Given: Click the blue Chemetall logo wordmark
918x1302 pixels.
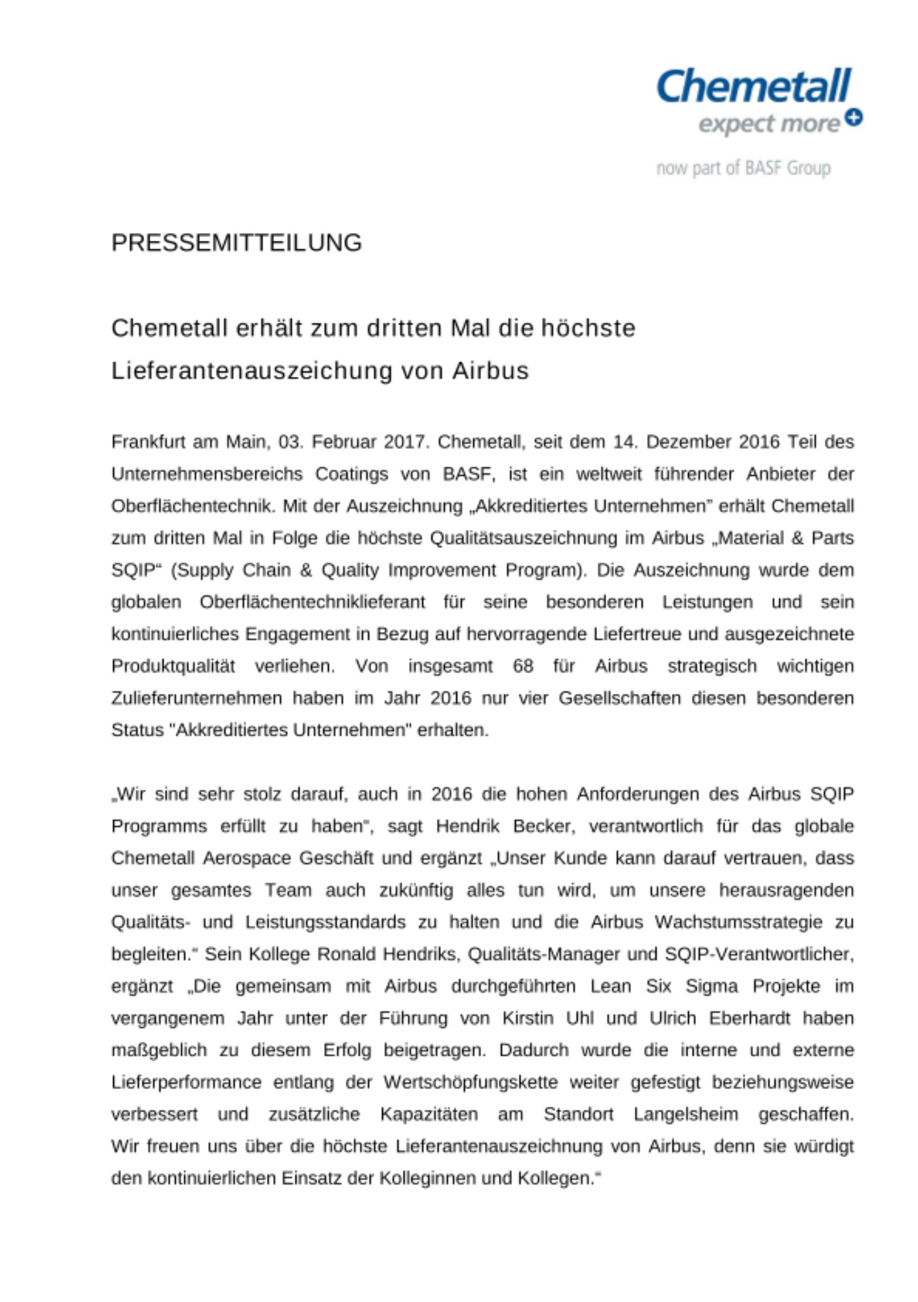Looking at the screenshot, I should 753,87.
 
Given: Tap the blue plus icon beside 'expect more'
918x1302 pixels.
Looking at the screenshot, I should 854,117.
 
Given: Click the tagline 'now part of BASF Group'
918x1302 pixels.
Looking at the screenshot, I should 743,168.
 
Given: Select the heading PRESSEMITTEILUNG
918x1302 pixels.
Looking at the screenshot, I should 236,243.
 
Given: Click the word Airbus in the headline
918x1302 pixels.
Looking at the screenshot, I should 490,370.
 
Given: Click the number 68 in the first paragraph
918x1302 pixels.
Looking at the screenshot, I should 523,666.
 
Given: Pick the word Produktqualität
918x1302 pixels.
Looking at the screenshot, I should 173,666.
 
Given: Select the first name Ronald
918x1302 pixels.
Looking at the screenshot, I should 346,954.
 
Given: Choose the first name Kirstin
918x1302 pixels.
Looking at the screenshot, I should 528,1018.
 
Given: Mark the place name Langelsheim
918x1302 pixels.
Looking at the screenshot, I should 686,1115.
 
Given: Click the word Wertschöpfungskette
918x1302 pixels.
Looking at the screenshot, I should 471,1083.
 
